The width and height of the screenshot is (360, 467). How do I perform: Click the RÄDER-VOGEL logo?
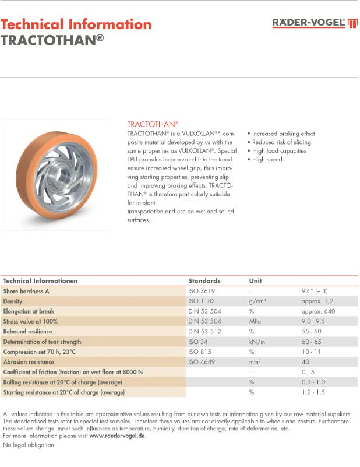coord(315,23)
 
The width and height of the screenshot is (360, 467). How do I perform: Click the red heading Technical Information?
coord(76,24)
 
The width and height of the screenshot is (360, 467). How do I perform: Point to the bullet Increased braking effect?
coord(283,134)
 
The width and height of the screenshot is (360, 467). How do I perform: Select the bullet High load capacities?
coord(278,151)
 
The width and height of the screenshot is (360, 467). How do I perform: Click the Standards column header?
coord(204,280)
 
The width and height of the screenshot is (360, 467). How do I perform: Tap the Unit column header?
coord(255,280)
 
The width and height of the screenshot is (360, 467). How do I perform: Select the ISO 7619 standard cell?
coord(202,291)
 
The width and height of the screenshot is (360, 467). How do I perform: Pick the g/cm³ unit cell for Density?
coord(257,301)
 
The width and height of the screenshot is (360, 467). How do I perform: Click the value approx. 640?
coord(319,311)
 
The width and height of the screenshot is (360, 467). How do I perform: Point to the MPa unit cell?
coord(255,321)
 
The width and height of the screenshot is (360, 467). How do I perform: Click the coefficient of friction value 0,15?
coord(308,372)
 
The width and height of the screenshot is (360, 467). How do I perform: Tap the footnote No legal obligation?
coord(29,445)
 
